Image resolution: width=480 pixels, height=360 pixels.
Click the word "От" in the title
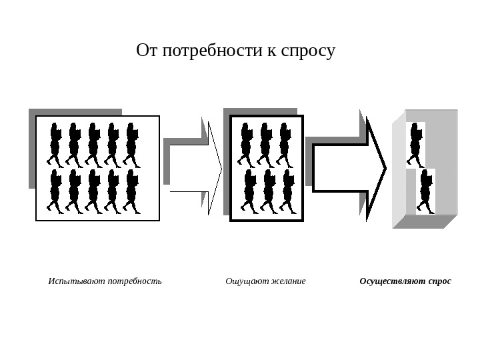coord(147,51)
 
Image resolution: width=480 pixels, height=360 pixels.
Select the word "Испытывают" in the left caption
coord(77,281)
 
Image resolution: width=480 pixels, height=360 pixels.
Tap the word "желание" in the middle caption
coord(287,281)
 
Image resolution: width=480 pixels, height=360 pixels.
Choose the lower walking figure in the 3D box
coord(425,192)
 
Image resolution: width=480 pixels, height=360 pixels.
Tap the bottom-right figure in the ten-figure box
coord(131,191)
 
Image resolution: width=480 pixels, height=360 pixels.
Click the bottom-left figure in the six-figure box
coord(249,191)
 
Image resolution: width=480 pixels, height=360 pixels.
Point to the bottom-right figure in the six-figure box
coord(287,191)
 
